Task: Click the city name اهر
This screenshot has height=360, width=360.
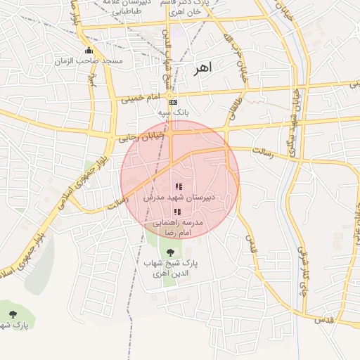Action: [x=200, y=69]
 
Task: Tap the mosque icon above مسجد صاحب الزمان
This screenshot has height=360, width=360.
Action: [x=89, y=51]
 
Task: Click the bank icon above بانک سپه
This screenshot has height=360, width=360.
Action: [x=173, y=102]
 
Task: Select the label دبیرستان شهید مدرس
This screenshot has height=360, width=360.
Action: [x=180, y=198]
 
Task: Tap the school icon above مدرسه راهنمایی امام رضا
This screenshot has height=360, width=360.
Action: [x=176, y=212]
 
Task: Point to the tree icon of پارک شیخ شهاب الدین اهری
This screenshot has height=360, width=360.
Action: [x=169, y=251]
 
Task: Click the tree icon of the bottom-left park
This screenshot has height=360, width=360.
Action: [x=12, y=314]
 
